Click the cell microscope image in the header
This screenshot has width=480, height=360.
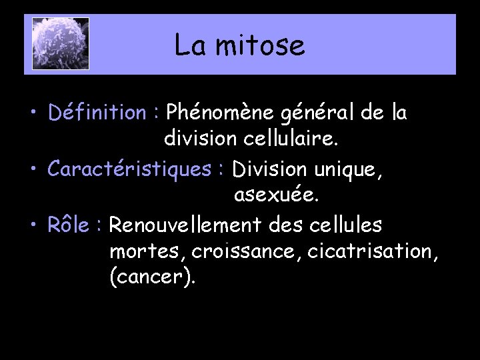60,44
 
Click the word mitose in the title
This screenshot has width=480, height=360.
265,46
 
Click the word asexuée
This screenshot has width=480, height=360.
277,197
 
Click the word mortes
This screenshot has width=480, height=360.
147,252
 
